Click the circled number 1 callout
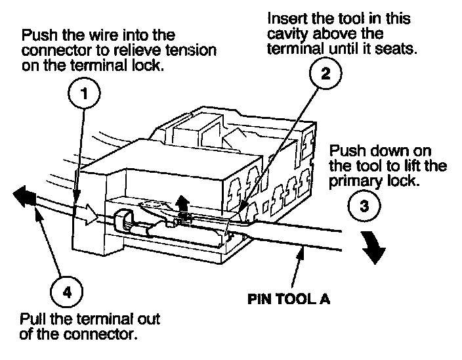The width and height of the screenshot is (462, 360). (84, 95)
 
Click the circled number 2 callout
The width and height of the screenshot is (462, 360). (326, 74)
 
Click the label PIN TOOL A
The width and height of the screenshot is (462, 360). (289, 298)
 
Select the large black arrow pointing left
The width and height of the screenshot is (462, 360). (23, 196)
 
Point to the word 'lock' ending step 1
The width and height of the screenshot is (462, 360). (150, 67)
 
